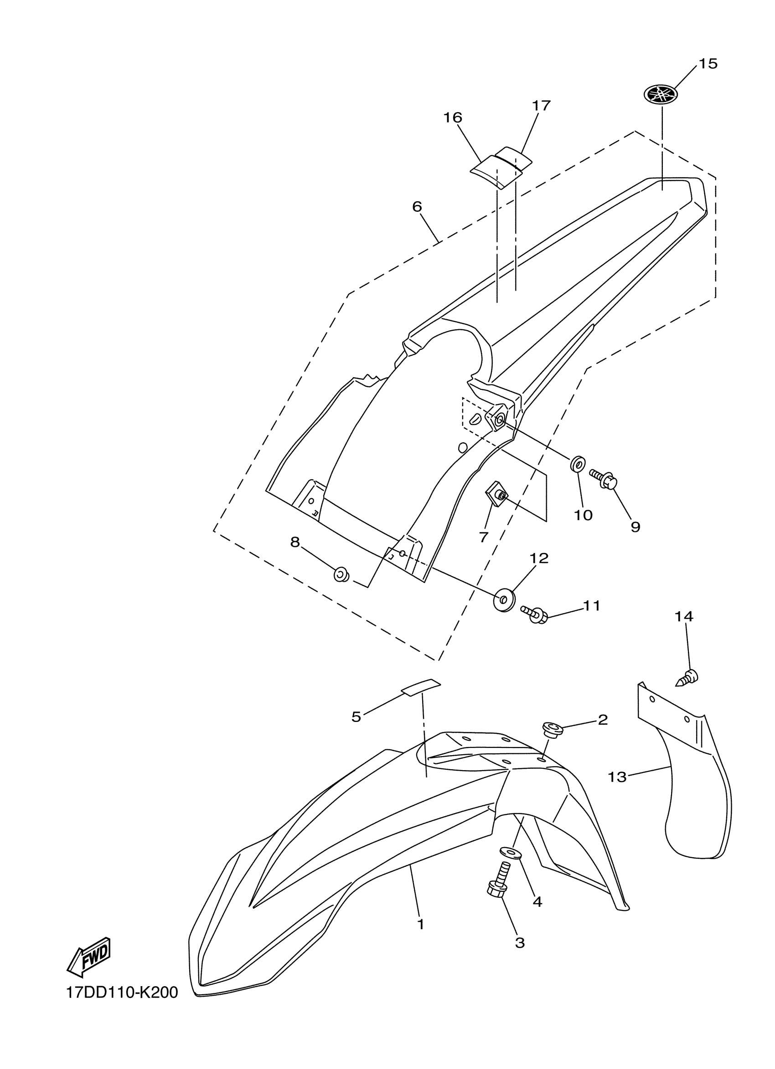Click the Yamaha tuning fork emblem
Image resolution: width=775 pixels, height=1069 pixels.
(x=661, y=94)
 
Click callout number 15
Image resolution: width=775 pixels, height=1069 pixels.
(x=708, y=64)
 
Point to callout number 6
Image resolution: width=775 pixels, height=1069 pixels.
(x=417, y=207)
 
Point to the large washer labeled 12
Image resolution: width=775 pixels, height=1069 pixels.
(x=504, y=599)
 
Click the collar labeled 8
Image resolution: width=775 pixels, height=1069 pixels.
(x=341, y=574)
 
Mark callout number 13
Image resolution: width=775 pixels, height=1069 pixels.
(x=617, y=777)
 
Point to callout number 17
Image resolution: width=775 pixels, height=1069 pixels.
(x=541, y=106)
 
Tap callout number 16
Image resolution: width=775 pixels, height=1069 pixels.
(x=452, y=118)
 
